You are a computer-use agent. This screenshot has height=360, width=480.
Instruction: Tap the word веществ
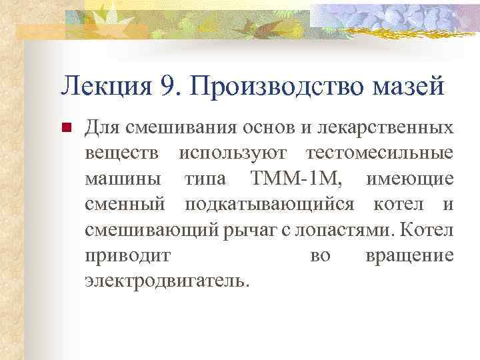coord(123,153)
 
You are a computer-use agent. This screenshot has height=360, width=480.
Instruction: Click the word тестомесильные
coord(379,153)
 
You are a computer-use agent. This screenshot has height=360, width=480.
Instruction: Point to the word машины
coord(124,178)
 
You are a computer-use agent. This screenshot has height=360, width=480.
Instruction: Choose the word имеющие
coord(410,178)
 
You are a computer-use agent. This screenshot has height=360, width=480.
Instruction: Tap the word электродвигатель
coord(167,281)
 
